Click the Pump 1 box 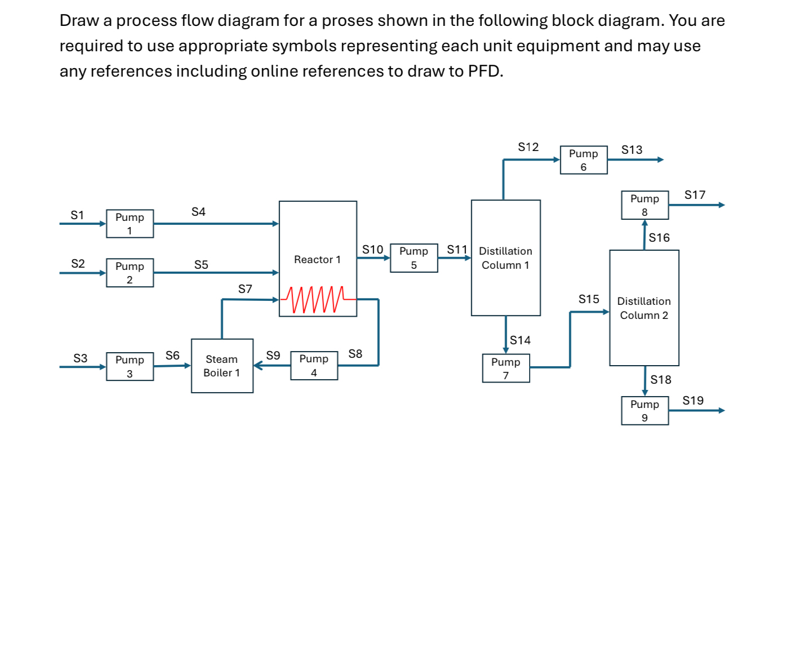click(130, 224)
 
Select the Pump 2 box click(130, 273)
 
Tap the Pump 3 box click(130, 366)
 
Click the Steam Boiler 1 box click(222, 366)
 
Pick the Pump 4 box click(314, 366)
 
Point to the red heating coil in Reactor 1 click(315, 299)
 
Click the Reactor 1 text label click(317, 260)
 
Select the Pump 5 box click(414, 258)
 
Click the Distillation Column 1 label click(505, 258)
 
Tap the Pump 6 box click(584, 160)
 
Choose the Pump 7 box click(506, 369)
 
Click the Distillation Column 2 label click(644, 308)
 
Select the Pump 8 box click(645, 205)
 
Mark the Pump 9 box click(645, 411)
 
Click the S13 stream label click(632, 150)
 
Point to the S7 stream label click(245, 289)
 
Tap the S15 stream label click(589, 299)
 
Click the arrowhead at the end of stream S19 click(722, 410)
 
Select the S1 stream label click(77, 215)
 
